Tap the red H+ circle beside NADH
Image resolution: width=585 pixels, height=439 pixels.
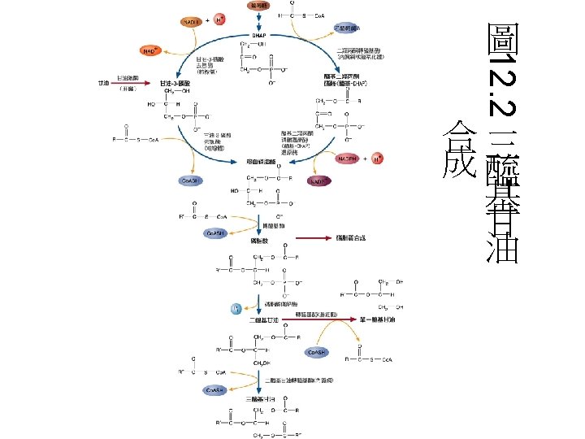219,20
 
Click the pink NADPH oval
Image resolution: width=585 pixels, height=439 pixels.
348,158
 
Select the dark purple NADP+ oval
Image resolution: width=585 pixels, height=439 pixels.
318,182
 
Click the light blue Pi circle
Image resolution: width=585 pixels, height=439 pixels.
236,309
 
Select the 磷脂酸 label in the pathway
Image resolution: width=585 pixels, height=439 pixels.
260,241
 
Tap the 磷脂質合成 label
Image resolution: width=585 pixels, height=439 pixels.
351,238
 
